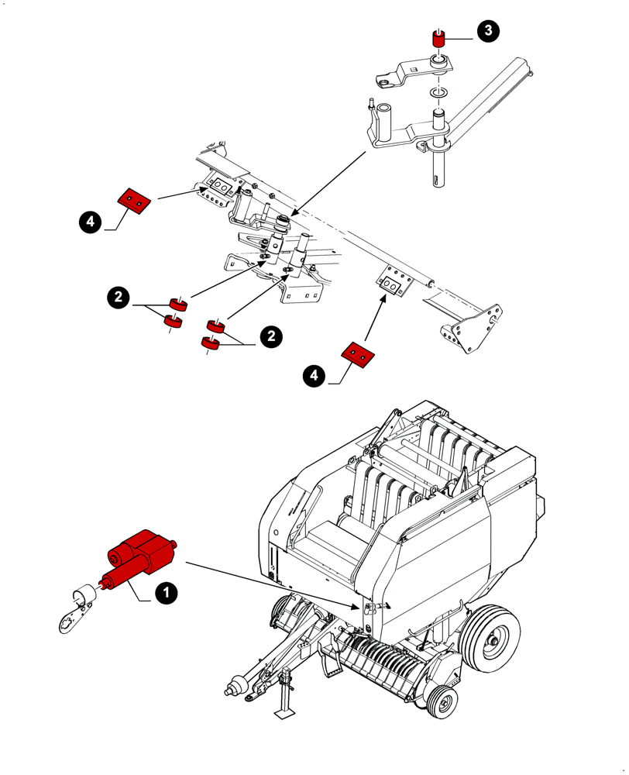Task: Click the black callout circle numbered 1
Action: point(165,593)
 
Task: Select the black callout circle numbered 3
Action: point(487,31)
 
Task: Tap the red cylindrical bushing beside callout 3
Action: point(438,40)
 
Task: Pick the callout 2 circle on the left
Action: point(118,297)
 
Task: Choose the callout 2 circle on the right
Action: point(270,336)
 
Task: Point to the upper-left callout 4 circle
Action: point(90,222)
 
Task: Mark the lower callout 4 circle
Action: point(314,376)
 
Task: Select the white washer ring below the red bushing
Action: point(438,94)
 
